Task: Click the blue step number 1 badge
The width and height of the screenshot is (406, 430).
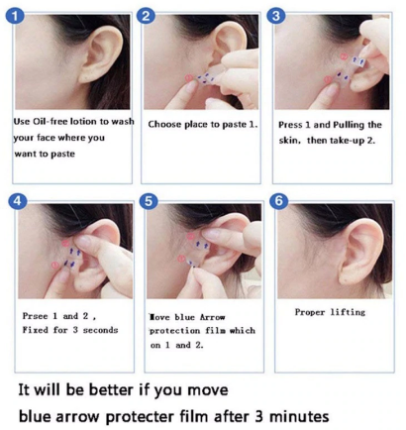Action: click(15, 17)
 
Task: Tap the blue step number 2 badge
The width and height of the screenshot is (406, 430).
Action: click(146, 16)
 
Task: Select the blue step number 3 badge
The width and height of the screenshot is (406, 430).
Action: click(276, 16)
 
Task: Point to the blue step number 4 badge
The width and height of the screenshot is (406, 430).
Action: click(17, 201)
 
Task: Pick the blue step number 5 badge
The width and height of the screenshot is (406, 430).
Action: click(149, 201)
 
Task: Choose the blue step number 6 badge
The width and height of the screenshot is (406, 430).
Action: click(279, 200)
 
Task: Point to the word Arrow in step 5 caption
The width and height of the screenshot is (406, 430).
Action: click(212, 317)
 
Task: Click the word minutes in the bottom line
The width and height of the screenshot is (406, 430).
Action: click(299, 416)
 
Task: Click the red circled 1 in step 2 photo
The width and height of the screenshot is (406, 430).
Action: click(188, 78)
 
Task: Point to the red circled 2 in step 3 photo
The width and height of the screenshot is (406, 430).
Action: click(344, 57)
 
